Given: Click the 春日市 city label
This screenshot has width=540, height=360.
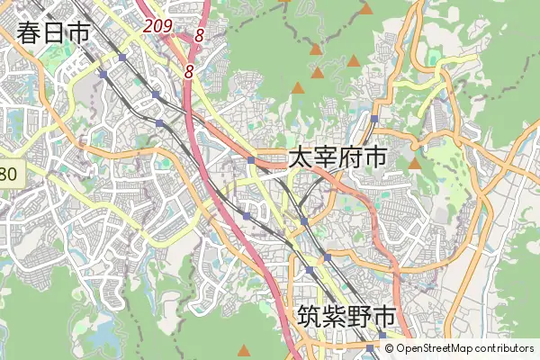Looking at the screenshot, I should (x=53, y=33).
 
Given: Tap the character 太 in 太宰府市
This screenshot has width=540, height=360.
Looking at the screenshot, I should (x=301, y=158).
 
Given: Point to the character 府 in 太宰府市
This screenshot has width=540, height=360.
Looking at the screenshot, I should (x=350, y=158).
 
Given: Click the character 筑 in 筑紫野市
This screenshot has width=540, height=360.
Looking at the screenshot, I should (x=309, y=317).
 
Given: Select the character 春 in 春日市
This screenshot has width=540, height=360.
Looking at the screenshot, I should (x=29, y=33).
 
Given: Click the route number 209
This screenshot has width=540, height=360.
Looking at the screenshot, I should (x=157, y=27).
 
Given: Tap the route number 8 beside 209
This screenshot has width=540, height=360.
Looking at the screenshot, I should (x=198, y=37).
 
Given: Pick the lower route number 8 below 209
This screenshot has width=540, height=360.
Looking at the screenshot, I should (x=189, y=70).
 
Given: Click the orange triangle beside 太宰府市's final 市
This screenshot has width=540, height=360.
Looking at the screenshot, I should (x=415, y=164).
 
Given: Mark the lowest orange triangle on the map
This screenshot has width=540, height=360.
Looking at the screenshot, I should (x=243, y=350).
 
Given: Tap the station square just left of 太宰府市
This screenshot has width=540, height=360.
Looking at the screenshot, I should (x=253, y=161).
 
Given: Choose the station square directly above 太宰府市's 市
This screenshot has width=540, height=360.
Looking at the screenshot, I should (x=373, y=119).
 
